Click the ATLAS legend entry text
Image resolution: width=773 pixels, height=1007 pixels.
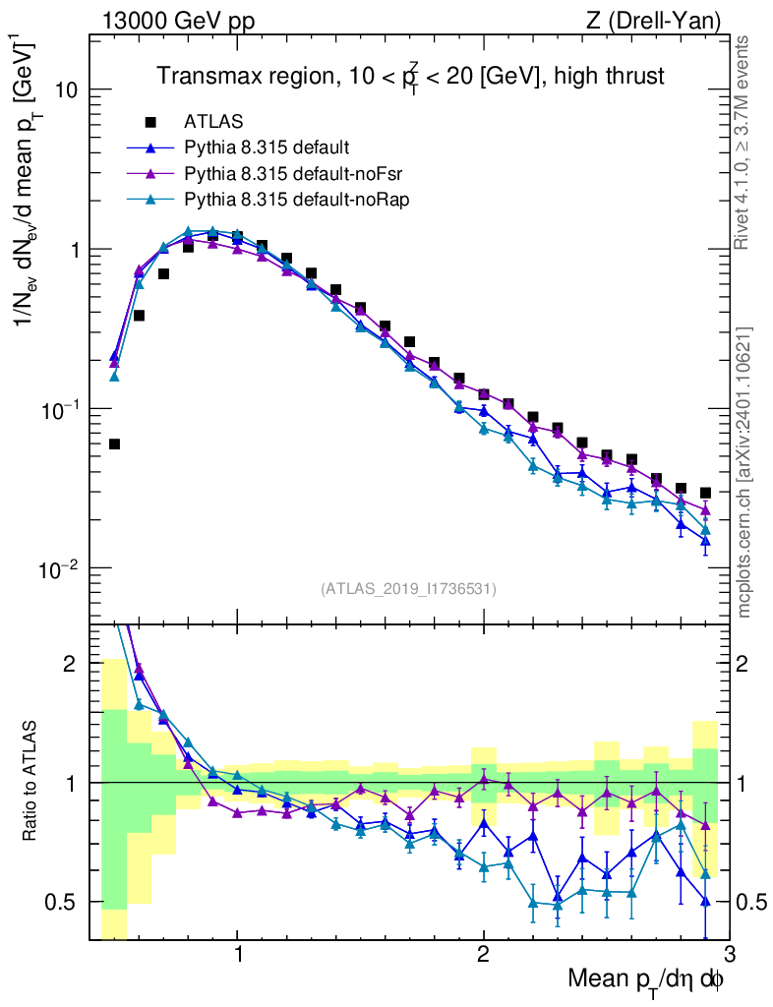point(208,122)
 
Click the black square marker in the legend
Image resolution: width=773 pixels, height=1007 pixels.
point(150,122)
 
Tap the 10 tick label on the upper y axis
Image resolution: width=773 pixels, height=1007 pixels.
point(65,89)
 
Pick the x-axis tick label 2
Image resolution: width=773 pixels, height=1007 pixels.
point(483,955)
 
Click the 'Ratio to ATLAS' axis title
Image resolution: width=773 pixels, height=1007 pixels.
point(32,781)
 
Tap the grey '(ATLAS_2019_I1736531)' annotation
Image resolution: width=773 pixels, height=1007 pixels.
point(408,589)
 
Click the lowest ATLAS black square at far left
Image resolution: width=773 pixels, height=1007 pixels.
point(114,444)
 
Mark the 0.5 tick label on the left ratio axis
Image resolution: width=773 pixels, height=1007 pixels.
point(69,901)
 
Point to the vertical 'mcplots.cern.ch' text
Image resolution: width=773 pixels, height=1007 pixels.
point(744,472)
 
